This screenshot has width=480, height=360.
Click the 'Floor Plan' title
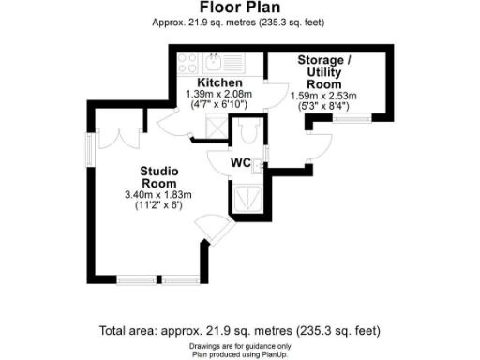[x=240, y=8]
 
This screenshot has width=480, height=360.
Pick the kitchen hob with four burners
[x=187, y=64]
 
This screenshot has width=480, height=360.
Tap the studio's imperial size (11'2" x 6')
[x=157, y=205]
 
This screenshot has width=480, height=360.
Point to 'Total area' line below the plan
[x=240, y=331]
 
